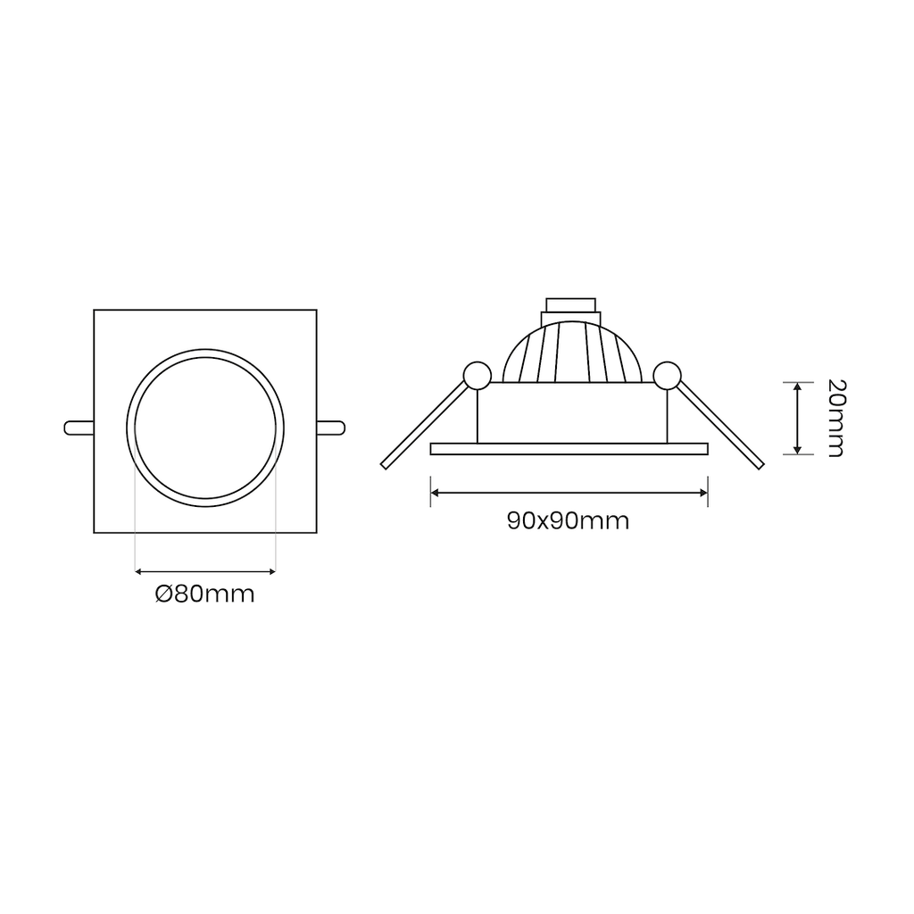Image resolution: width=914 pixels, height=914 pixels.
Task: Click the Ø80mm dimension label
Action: pyautogui.click(x=205, y=594)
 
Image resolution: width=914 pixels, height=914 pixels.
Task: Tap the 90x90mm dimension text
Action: pyautogui.click(x=569, y=520)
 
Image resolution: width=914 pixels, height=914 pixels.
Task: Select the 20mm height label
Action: pyautogui.click(x=835, y=418)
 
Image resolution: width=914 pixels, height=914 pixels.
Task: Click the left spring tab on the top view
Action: pyautogui.click(x=79, y=428)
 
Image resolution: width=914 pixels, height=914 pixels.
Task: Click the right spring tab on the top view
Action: pyautogui.click(x=331, y=428)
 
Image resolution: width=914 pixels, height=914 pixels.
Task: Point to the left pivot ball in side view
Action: pyautogui.click(x=477, y=376)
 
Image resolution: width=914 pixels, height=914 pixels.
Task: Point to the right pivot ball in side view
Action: pyautogui.click(x=667, y=376)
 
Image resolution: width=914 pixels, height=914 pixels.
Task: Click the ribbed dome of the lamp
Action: pyautogui.click(x=572, y=352)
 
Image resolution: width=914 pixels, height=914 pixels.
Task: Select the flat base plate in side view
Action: pyautogui.click(x=569, y=449)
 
